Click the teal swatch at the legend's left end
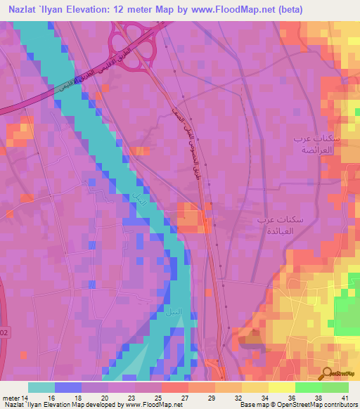coord(41,387)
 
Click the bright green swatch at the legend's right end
coord(335,387)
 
